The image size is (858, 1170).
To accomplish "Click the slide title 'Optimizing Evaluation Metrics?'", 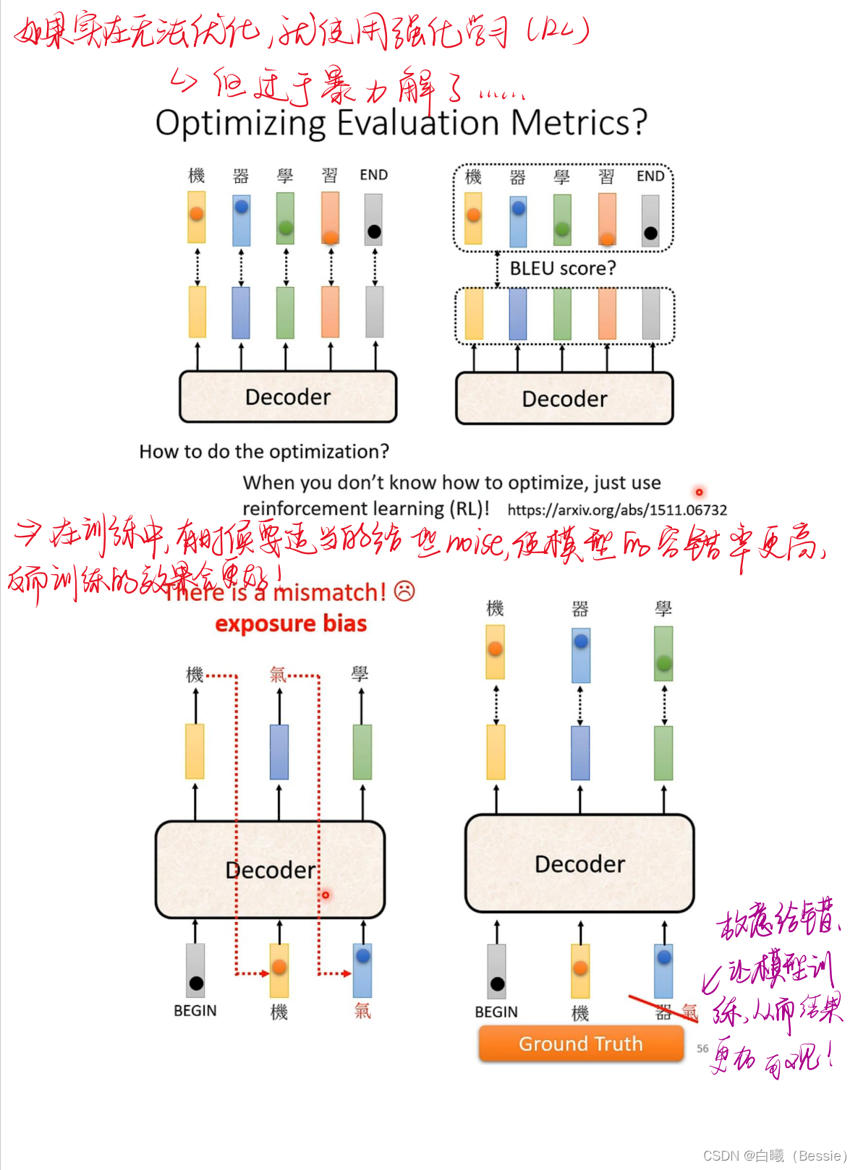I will point(401,123).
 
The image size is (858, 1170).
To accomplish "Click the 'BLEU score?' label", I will point(563,268).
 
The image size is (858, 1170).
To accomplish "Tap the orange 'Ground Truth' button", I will point(581,1043).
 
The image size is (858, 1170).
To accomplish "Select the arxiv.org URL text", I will point(617,510).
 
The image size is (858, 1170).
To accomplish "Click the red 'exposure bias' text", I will point(291,623).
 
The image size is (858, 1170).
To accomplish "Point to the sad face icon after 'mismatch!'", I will point(405,591).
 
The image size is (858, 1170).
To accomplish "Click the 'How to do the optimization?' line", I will point(264,452).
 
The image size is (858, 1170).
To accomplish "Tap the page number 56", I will point(702,1048).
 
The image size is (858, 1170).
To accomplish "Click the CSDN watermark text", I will point(774,1156).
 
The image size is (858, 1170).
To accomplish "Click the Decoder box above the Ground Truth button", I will point(579,864).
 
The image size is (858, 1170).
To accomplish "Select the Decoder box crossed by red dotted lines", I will point(270,869).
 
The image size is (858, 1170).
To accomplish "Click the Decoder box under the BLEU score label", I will point(564,398).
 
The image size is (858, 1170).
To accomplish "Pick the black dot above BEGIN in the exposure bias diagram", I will point(196,983).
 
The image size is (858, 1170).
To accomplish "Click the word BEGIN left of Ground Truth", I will point(496,1012).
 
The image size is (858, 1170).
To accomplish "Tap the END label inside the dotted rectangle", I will point(650,176).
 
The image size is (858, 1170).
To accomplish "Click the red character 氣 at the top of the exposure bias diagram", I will point(278,675).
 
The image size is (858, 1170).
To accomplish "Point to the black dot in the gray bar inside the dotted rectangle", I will point(650,233).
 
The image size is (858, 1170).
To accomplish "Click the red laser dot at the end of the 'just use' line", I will point(699,492).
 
